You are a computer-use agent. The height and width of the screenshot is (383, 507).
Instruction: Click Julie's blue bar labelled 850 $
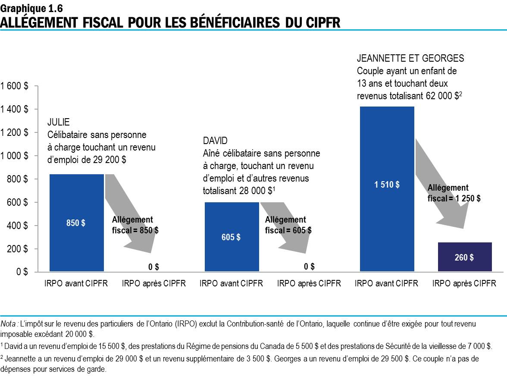click(76, 223)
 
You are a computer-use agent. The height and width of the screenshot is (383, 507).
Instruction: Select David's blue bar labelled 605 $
click(232, 237)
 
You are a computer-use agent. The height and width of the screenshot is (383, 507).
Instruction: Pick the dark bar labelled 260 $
click(464, 257)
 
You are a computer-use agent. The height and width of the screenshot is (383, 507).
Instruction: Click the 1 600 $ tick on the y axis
click(15, 86)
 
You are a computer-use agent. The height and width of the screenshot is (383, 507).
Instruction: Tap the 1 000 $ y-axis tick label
click(15, 156)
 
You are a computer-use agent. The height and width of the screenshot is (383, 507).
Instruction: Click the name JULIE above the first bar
click(58, 123)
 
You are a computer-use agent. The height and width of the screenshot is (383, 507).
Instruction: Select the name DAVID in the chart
click(215, 141)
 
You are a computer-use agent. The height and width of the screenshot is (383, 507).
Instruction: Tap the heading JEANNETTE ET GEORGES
click(410, 59)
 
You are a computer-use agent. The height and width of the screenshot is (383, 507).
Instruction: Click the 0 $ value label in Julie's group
click(153, 267)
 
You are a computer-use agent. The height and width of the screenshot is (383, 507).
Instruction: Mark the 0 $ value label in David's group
click(309, 267)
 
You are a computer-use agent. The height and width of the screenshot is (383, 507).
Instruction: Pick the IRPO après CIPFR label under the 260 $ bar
click(464, 283)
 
